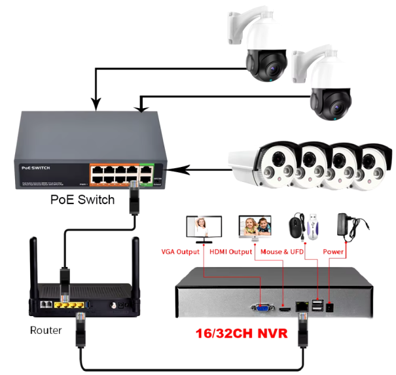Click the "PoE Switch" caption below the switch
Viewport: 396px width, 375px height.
(82, 200)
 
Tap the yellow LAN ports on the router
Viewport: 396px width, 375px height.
(69, 305)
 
